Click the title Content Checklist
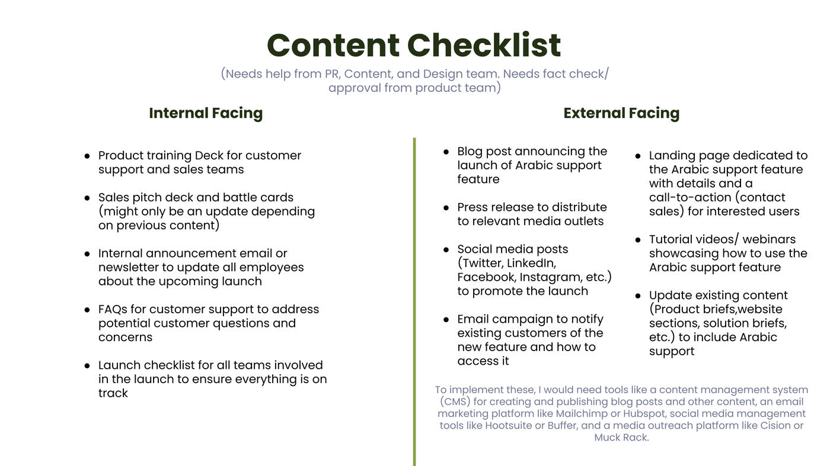(414, 45)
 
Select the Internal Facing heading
(206, 113)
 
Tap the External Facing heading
(621, 113)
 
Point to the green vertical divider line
(414, 301)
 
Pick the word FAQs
(113, 310)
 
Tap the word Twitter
(483, 263)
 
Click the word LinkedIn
(531, 263)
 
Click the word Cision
(775, 426)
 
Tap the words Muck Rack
(621, 438)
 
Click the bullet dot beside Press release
(446, 208)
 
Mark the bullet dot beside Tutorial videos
(638, 240)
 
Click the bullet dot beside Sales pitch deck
(87, 198)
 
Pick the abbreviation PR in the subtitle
(333, 74)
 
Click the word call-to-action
(690, 197)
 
